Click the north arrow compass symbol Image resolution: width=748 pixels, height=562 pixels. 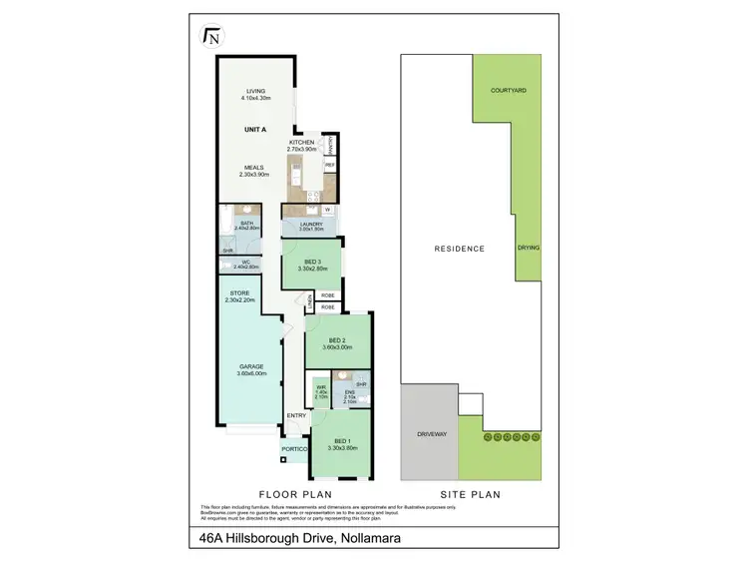(x=211, y=37)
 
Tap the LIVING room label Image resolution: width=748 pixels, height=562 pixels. (x=255, y=92)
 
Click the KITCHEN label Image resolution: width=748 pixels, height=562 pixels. (x=302, y=143)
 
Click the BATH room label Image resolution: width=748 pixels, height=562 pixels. (x=245, y=223)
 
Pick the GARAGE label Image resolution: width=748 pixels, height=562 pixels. (x=250, y=366)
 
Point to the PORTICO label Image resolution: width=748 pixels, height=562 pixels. (x=294, y=449)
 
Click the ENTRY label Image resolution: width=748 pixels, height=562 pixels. (x=296, y=415)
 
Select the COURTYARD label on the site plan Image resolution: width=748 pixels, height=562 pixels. (x=508, y=90)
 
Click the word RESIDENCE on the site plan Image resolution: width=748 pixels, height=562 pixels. (x=460, y=249)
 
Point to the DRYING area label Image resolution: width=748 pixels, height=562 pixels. (x=529, y=249)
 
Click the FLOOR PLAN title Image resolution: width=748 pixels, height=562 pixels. (x=295, y=493)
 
